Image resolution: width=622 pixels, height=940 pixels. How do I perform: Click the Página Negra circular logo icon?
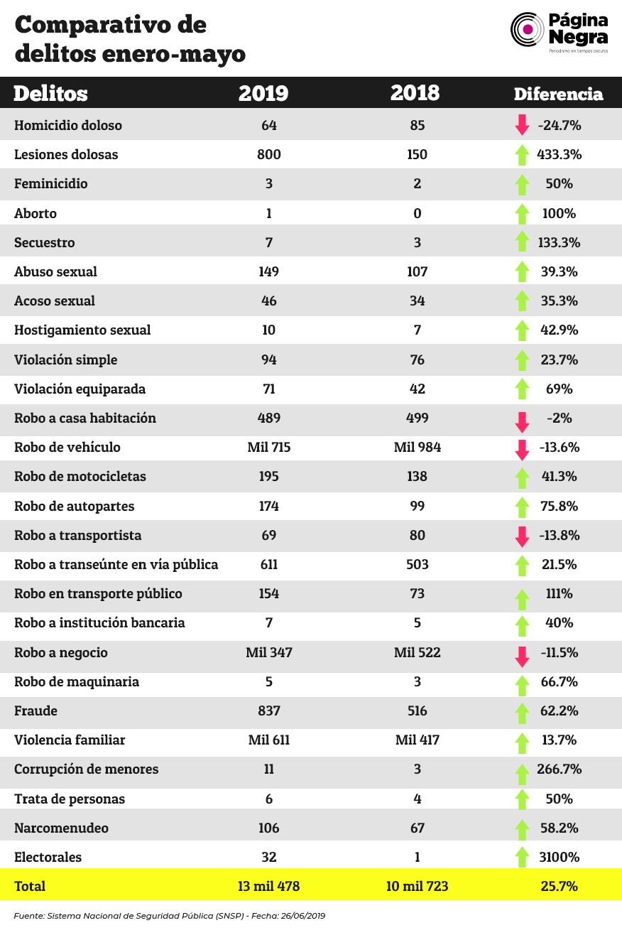[x=528, y=29]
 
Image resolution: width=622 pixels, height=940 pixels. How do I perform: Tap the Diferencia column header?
[x=558, y=94]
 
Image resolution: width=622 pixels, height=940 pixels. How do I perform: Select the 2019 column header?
[x=263, y=93]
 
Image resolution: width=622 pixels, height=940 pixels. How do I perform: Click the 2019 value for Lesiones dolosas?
[x=269, y=154]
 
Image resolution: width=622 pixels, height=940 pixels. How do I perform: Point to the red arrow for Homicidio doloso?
[x=522, y=124]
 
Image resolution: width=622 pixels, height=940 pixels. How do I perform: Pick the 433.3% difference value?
[x=559, y=154]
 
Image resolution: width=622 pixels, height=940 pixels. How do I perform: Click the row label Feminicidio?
[x=50, y=184]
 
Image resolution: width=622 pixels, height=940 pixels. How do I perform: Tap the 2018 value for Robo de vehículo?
[x=418, y=448]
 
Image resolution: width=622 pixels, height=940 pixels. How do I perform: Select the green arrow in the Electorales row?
[x=522, y=856]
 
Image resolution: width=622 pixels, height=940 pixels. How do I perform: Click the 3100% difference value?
[x=559, y=857]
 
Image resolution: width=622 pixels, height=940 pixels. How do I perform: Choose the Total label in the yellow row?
[x=30, y=886]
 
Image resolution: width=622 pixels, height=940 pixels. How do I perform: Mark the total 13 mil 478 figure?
[x=269, y=886]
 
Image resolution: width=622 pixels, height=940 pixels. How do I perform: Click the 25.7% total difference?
[x=559, y=886]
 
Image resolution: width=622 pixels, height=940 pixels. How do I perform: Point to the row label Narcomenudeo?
[x=61, y=828]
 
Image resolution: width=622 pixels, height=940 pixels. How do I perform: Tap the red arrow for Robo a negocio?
[x=522, y=657]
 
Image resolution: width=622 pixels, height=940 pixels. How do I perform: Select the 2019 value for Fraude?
[x=269, y=711]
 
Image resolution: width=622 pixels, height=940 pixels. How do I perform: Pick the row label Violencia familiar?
[x=70, y=740]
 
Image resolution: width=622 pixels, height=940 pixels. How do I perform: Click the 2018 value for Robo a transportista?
[x=418, y=536]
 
